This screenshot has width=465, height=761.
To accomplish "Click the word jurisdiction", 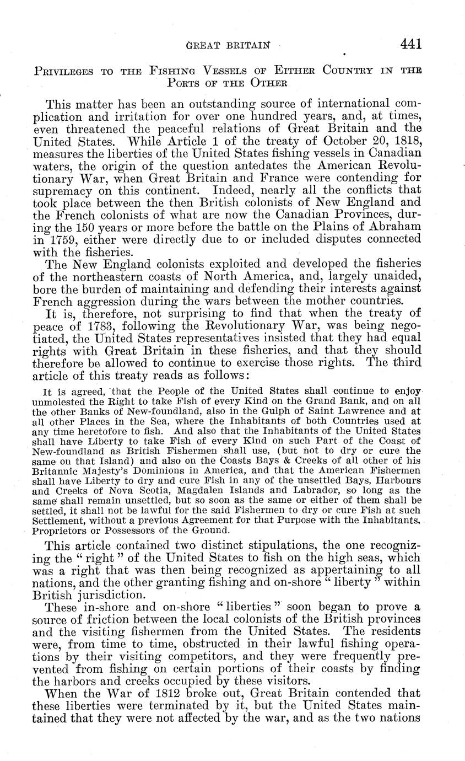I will coord(96,596).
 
